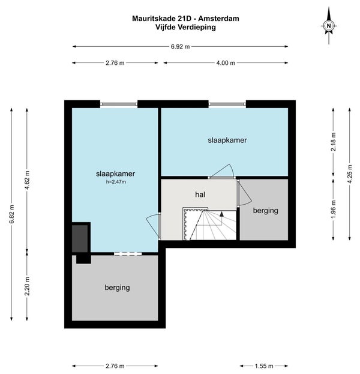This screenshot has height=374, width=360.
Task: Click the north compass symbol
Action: coord(329,26)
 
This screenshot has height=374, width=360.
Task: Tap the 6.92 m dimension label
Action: coord(180,46)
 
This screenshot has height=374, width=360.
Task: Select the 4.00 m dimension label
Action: coord(226,62)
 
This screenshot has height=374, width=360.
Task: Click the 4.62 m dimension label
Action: coord(27,180)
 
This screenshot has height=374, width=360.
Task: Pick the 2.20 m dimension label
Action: coord(27,286)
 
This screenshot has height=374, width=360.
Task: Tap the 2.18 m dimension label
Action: coord(333,142)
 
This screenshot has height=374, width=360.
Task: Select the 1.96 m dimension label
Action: coord(333,209)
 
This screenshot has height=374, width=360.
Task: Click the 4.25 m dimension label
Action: coord(350,174)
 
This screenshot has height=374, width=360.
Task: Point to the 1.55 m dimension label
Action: coord(264,366)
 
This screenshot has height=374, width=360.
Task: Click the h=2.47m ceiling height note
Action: coord(116,182)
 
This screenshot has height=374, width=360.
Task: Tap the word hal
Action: coord(200,195)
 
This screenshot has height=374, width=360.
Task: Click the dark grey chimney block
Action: coord(80,238)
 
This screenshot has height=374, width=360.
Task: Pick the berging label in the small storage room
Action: coord(265,211)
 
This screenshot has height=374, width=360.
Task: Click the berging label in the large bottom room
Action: coord(117,288)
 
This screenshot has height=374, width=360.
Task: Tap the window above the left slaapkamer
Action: coord(119,104)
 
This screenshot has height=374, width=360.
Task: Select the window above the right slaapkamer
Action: coord(227,104)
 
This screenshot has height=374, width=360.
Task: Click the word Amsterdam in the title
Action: coord(218,19)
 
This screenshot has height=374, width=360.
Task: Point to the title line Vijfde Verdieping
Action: coord(185,27)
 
